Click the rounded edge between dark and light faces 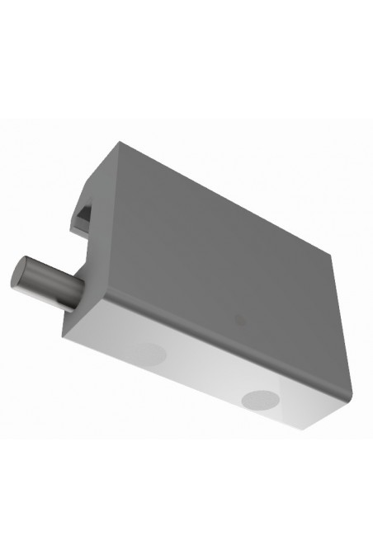(x=206, y=338)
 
